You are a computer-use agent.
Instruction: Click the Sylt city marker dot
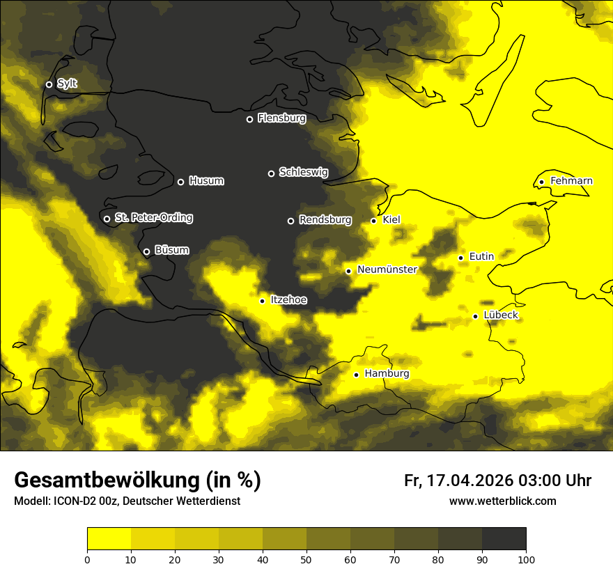[x=49, y=84]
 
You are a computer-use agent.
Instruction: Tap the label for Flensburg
[x=281, y=118]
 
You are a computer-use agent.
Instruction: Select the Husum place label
[x=206, y=181]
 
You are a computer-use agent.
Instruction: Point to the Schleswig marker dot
[x=271, y=173]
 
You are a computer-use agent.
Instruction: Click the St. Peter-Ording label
[x=153, y=218]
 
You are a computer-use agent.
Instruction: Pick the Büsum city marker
[x=146, y=251]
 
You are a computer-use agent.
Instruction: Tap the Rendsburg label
[x=325, y=220]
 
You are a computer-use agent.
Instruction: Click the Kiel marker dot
[x=373, y=221]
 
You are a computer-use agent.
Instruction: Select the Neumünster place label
[x=387, y=270]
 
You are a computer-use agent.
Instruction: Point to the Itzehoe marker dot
[x=262, y=301]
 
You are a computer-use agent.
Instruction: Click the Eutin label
[x=481, y=256]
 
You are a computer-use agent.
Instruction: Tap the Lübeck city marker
[x=475, y=316]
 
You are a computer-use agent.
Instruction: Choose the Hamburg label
[x=387, y=373]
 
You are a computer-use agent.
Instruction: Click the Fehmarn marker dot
[x=541, y=182]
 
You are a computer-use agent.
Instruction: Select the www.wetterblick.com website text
[x=502, y=501]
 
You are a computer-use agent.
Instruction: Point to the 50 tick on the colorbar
[x=306, y=559]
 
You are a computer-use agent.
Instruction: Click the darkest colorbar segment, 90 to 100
[x=504, y=538]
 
